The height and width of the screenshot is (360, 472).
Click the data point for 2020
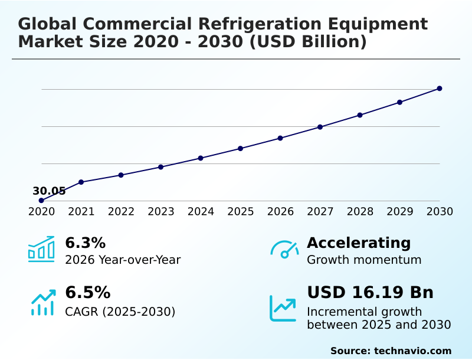[x=41, y=201]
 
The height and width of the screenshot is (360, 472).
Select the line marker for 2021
[x=81, y=182]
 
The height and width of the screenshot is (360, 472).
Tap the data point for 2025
[x=241, y=148]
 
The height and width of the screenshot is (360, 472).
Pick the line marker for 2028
[x=360, y=115]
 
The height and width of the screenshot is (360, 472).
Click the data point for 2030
[x=440, y=89]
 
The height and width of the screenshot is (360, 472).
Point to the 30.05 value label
[x=49, y=191]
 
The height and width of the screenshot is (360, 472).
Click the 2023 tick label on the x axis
[x=160, y=212]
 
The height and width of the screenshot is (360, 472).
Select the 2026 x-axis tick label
[x=280, y=212]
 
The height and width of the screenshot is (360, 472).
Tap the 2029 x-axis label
[x=399, y=212]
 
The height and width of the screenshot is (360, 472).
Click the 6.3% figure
[x=86, y=243]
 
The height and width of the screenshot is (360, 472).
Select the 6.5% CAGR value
[x=87, y=293]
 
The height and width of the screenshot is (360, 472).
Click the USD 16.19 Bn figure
[x=370, y=293]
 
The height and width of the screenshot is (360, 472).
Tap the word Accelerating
[x=359, y=243]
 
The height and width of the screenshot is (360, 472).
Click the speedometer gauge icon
[x=284, y=250]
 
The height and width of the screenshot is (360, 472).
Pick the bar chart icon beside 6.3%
[x=41, y=249]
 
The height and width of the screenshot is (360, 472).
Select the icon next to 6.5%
[x=42, y=302]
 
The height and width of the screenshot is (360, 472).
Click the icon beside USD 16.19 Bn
[x=283, y=308]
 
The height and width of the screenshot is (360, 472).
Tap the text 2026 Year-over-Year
[x=123, y=260]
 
